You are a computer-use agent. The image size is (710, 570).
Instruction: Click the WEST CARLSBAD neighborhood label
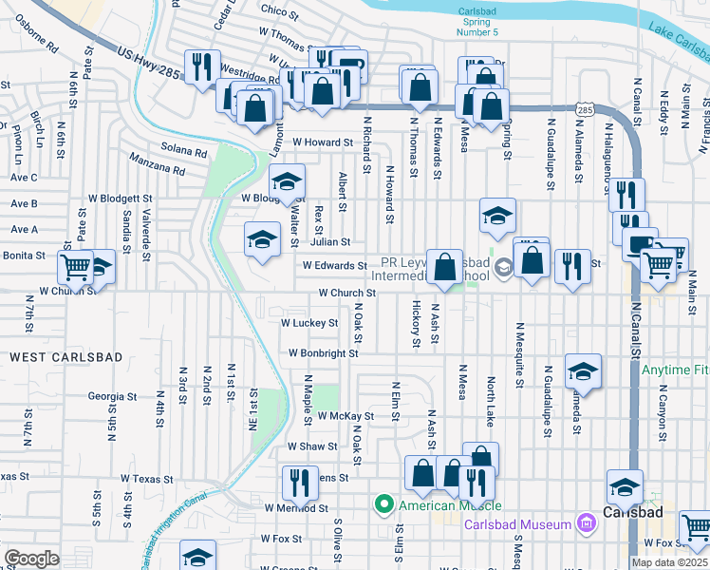(x=53, y=356)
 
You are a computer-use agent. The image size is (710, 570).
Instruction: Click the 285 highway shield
(x=586, y=112)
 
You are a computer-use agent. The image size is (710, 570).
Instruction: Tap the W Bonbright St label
(x=324, y=353)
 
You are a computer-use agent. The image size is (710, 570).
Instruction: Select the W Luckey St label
(x=309, y=323)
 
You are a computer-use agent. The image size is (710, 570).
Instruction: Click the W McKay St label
(x=346, y=416)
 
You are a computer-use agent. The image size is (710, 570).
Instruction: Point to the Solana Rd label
(x=184, y=152)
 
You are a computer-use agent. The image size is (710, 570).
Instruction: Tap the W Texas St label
(x=153, y=480)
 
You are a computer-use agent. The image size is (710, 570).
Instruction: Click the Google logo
(x=30, y=558)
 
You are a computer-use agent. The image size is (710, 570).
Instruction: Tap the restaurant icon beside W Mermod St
(x=297, y=480)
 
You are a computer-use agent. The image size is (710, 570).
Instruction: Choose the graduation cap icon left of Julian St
(x=262, y=238)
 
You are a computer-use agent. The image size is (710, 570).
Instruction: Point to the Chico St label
(x=280, y=10)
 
